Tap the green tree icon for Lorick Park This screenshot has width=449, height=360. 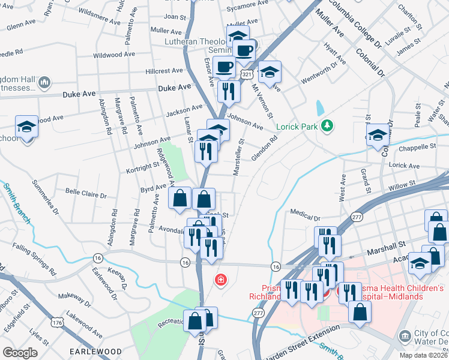coord(327,125)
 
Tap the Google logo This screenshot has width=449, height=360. coord(20,352)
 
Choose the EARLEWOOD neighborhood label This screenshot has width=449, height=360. coord(95,352)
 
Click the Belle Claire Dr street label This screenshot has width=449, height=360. coord(86,196)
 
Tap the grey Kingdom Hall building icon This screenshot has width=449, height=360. coord(44,82)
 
